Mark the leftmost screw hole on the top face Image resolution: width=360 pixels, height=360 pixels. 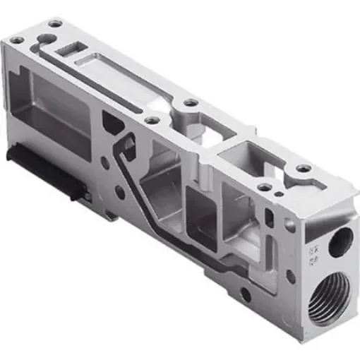point(16,40)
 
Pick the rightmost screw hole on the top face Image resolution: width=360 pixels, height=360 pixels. point(304,169)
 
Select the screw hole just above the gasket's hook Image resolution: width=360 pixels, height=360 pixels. point(150,121)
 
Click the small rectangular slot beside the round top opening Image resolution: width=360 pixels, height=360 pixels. point(73,49)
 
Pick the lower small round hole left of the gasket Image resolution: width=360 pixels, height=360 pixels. point(121,191)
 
